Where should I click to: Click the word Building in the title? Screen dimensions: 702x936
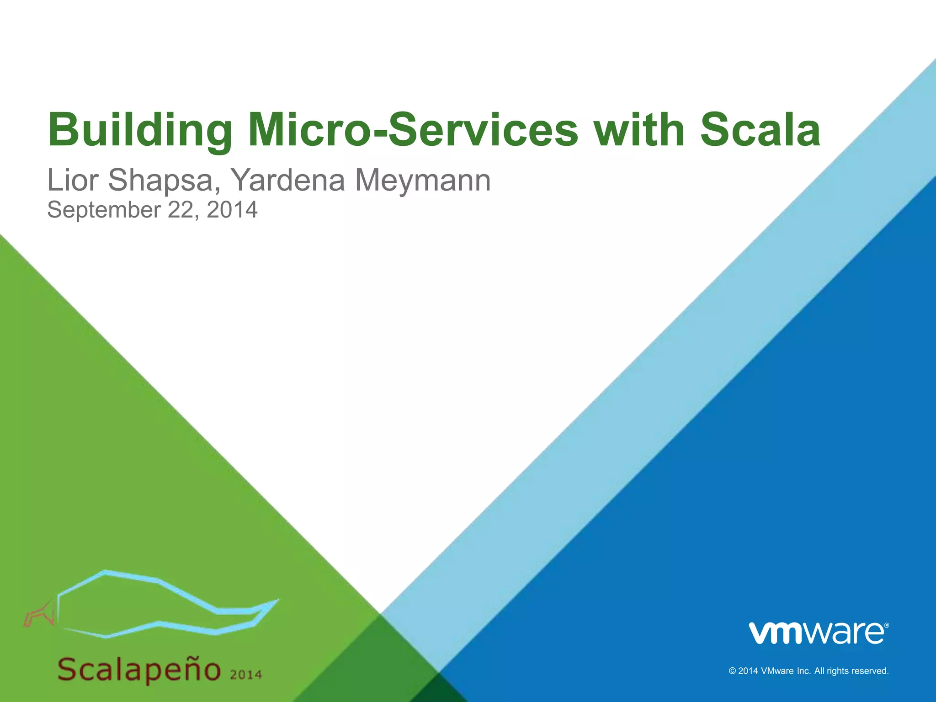140,130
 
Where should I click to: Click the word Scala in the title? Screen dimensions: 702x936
760,130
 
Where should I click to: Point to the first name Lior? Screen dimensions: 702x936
73,180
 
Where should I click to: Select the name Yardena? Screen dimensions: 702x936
287,180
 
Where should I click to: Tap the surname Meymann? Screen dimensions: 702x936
423,180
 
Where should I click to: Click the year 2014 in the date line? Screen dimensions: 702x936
232,210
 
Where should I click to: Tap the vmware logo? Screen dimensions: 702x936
817,633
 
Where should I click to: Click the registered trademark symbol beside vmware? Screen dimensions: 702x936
887,625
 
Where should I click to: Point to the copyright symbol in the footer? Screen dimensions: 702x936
732,671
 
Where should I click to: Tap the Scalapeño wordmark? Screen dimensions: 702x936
139,670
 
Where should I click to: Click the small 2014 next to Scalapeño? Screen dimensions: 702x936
246,675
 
